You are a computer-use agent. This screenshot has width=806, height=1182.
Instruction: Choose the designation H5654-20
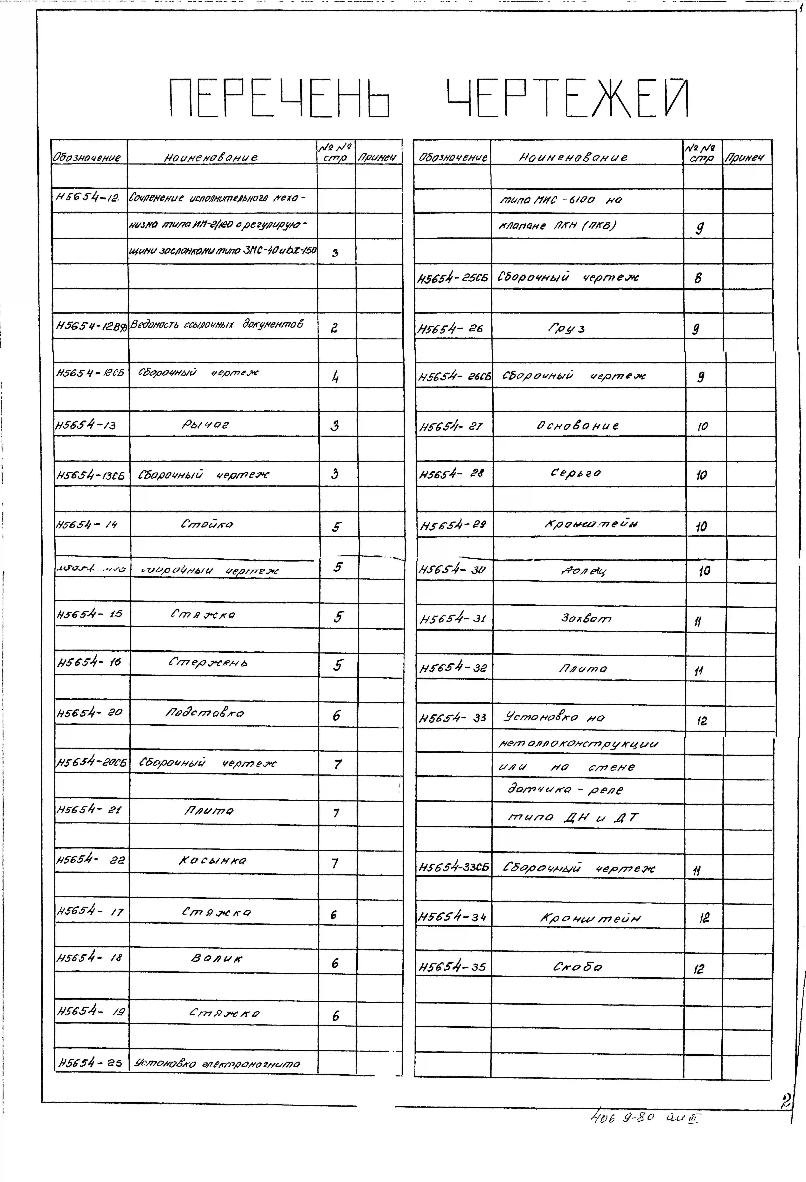click(90, 713)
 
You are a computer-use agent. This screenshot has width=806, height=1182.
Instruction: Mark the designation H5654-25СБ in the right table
click(452, 278)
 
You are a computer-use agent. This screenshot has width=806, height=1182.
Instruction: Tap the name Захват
click(586, 618)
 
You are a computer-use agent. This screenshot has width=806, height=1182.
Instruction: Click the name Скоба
click(578, 967)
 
